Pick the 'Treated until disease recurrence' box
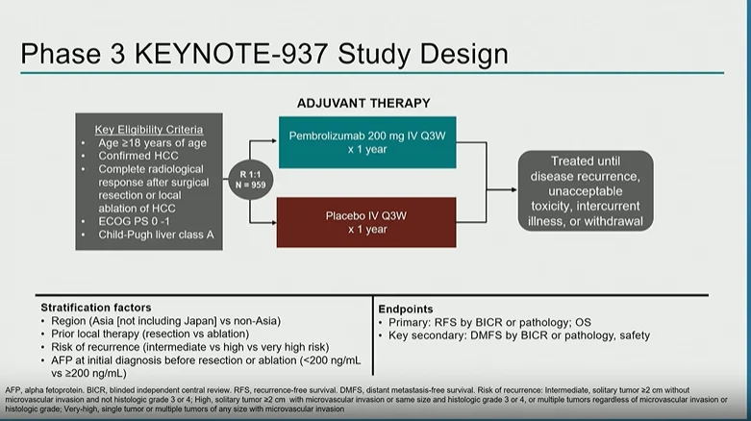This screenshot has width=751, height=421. click(585, 190)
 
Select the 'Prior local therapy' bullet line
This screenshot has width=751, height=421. click(154, 334)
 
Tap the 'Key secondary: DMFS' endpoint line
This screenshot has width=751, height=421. click(519, 334)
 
